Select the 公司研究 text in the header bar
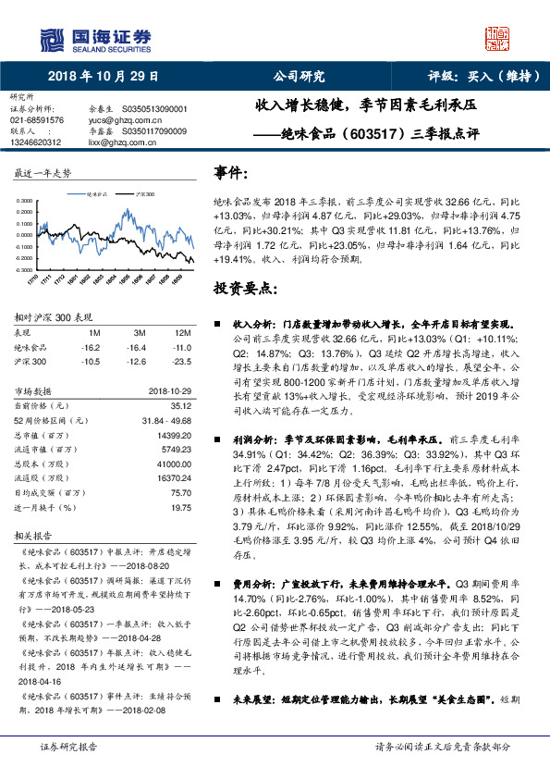tap(299, 77)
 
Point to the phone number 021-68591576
tap(37, 120)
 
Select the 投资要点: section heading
tap(245, 288)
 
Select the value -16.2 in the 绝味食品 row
tap(92, 347)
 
